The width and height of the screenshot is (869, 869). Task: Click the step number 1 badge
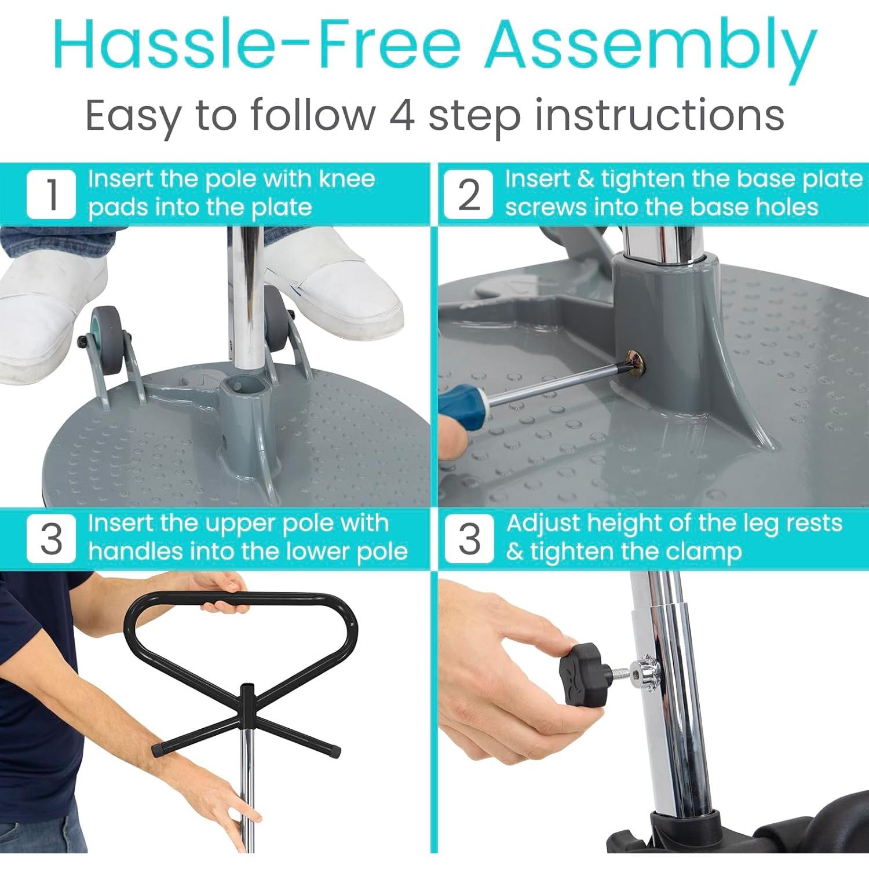coord(52,194)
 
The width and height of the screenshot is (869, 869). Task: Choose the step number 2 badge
coord(469,194)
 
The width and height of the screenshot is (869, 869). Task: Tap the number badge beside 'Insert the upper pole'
coord(52,538)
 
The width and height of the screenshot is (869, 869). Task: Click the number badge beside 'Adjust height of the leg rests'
coord(470,538)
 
